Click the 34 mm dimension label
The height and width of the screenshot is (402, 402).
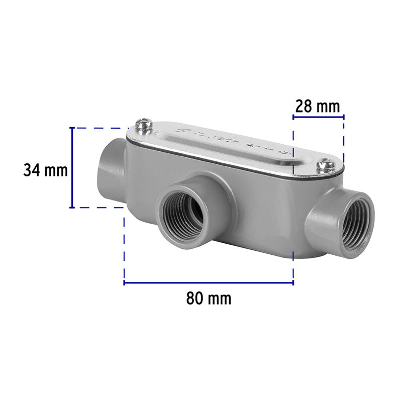tap(45, 170)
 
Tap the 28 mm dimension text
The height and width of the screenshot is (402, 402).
tap(318, 106)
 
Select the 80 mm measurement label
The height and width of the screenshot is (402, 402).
tap(209, 298)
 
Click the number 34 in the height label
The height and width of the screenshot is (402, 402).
tap(32, 170)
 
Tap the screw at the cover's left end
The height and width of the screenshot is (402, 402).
tap(144, 124)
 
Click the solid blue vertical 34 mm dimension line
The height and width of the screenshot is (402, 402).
tap(72, 167)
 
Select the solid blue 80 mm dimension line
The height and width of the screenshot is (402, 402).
tap(209, 283)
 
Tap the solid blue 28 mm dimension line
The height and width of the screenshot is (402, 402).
tap(318, 117)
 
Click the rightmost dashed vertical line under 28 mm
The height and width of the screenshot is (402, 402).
tap(344, 141)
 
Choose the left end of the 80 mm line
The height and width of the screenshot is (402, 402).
tap(125, 283)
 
